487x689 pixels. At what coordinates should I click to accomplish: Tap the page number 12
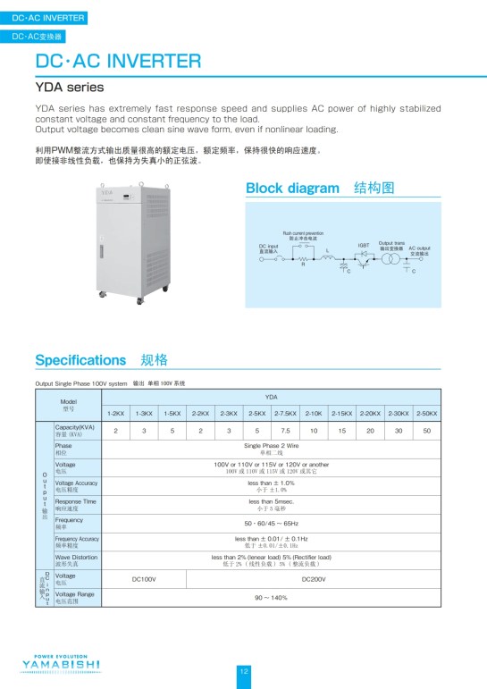click(243, 671)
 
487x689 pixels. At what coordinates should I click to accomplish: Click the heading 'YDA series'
click(70, 88)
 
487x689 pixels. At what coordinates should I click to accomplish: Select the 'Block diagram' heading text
click(292, 188)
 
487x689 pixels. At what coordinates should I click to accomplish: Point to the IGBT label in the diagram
click(364, 244)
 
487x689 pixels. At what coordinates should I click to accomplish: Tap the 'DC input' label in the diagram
click(268, 248)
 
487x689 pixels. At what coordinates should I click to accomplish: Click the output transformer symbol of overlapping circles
click(390, 258)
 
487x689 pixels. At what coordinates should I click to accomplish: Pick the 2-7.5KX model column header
click(285, 414)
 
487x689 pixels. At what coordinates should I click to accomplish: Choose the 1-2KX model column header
click(115, 414)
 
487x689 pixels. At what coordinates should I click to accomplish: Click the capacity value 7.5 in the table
click(285, 431)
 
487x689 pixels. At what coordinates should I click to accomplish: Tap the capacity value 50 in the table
click(427, 431)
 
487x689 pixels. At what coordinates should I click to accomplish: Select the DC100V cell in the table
click(144, 579)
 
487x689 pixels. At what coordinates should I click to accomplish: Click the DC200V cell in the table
click(314, 579)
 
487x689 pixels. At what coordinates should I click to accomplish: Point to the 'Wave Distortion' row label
click(77, 559)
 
